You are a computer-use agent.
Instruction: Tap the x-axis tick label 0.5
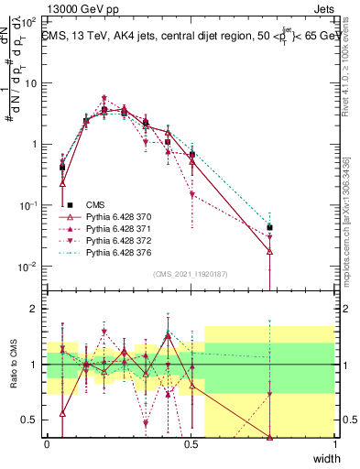tap(191, 444)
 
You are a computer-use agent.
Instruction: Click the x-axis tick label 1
tap(335, 444)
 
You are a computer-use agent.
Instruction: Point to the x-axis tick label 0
tap(47, 444)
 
